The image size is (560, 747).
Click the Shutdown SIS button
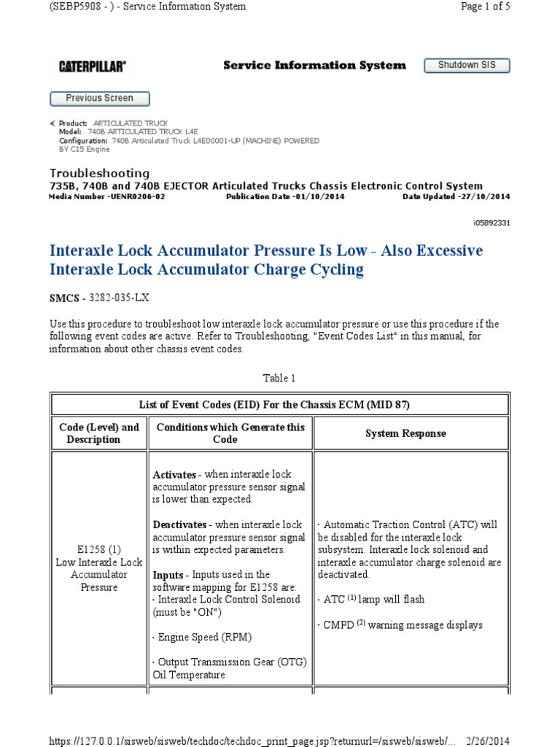coord(467,66)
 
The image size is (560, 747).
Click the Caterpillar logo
coord(92,66)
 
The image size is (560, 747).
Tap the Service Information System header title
coord(314,66)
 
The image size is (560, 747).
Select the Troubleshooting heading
coord(99,173)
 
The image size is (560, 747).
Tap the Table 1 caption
coord(279,379)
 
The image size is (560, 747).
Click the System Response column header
coord(405,433)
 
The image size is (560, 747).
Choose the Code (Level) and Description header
coord(98,433)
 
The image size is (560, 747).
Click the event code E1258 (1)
coord(98,549)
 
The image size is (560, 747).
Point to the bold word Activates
coord(175,475)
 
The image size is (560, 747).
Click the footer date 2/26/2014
coord(486,740)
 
